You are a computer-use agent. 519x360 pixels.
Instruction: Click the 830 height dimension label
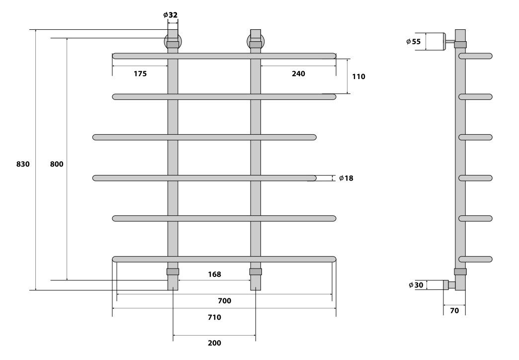coord(23,164)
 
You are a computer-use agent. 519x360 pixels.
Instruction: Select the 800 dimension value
coord(57,164)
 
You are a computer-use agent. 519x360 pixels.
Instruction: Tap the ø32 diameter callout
coord(171,14)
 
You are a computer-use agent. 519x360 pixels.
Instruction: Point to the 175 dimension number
coord(140,74)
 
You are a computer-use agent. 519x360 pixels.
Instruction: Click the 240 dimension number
coord(298,74)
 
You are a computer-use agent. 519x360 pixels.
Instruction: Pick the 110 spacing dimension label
coord(358,77)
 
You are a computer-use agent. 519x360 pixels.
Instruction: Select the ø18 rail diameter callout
coord(346,178)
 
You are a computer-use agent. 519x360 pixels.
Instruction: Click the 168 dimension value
coord(214,274)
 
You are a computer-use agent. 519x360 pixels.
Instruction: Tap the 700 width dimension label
coord(224,300)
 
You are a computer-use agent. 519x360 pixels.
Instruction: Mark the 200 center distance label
coord(214,343)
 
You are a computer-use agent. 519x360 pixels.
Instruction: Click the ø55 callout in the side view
coord(413,42)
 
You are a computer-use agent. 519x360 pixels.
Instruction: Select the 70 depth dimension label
coord(454,311)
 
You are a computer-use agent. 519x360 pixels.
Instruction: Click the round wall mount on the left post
coord(173,41)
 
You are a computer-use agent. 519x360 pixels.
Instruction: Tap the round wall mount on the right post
coord(256,41)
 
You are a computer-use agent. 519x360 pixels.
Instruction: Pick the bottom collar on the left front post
coord(173,271)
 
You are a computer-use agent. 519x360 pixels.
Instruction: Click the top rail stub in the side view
coord(476,56)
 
